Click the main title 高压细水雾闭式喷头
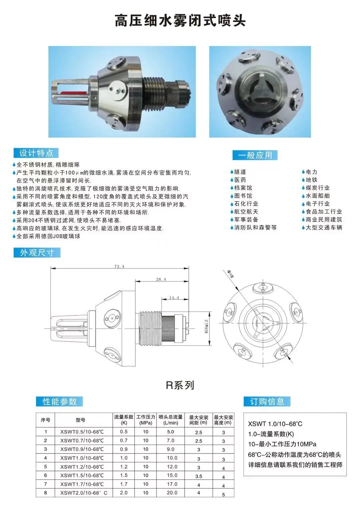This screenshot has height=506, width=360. (180, 21)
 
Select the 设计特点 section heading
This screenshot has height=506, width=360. (36, 153)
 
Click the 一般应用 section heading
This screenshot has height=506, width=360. (255, 155)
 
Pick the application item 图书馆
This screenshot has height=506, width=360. (243, 196)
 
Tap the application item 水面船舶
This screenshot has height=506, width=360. (317, 196)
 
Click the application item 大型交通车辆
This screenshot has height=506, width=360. (324, 228)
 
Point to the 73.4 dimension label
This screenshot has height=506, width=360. (119, 266)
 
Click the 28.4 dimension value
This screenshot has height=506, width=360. (161, 279)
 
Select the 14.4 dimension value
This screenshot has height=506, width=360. (174, 297)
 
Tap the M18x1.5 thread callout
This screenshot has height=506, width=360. (207, 327)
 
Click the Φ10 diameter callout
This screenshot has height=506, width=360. (231, 274)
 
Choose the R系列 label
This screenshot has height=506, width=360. (180, 385)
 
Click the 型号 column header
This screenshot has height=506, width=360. (80, 420)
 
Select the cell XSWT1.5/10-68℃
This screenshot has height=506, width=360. (82, 475)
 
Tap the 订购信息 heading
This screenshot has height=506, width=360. (267, 402)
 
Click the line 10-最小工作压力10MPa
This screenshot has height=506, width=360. (282, 444)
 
